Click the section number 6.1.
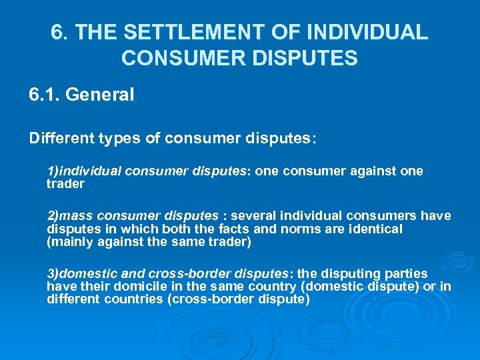(x=45, y=95)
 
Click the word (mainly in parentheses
(x=69, y=241)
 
